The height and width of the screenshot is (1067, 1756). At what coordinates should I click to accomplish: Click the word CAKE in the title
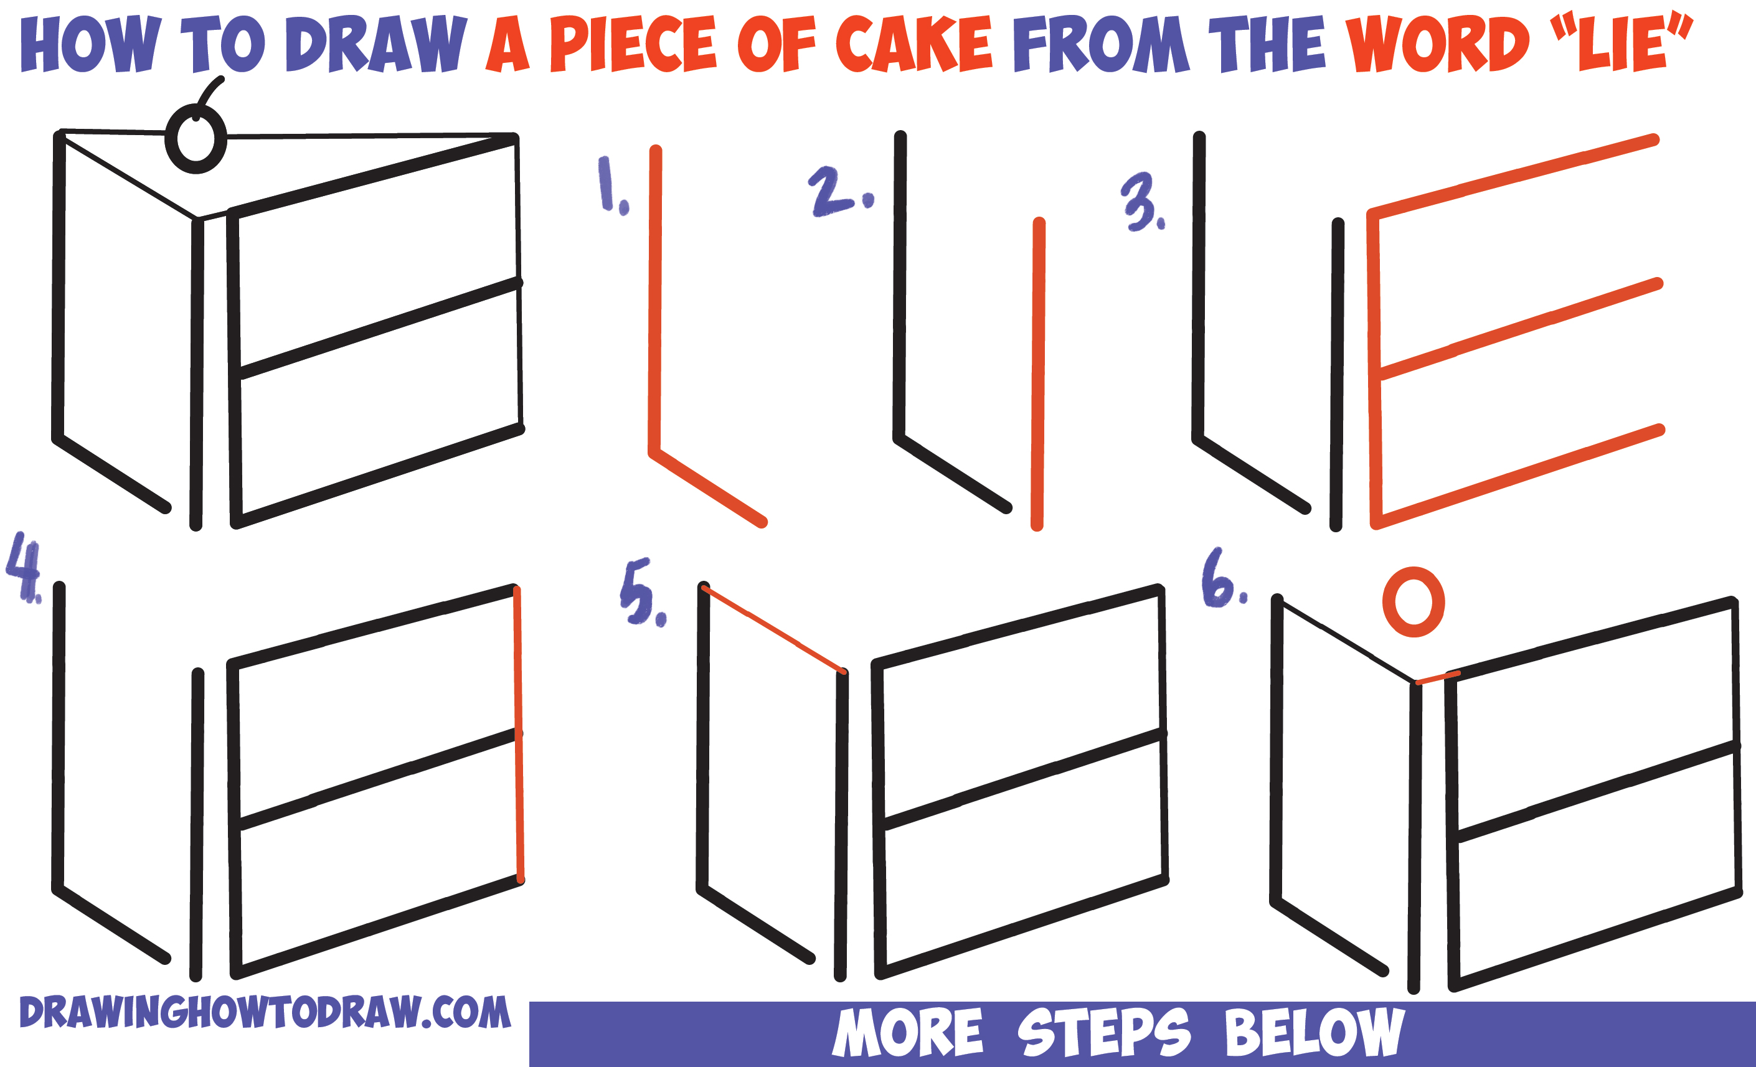point(914,44)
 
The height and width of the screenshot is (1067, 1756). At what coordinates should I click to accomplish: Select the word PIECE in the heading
point(633,44)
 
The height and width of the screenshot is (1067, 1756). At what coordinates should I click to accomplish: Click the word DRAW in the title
point(375,44)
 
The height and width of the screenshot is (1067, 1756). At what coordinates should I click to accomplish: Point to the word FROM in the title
point(1102,44)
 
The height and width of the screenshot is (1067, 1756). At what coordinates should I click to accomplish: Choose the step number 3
point(1143,202)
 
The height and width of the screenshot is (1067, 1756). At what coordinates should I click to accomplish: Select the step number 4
point(24,568)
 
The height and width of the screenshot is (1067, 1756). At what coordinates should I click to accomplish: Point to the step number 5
point(643,593)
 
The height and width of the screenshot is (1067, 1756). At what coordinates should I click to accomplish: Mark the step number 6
point(1224,578)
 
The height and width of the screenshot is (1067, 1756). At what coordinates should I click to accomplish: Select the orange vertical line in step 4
point(519,735)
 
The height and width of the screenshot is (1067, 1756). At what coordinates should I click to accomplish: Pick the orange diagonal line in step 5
point(773,629)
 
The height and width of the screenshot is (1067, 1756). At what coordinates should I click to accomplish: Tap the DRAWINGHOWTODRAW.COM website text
point(265,1012)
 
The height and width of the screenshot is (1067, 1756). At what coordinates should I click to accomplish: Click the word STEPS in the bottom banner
point(1103,1032)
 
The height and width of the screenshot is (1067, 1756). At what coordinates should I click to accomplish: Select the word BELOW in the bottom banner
point(1316,1032)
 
